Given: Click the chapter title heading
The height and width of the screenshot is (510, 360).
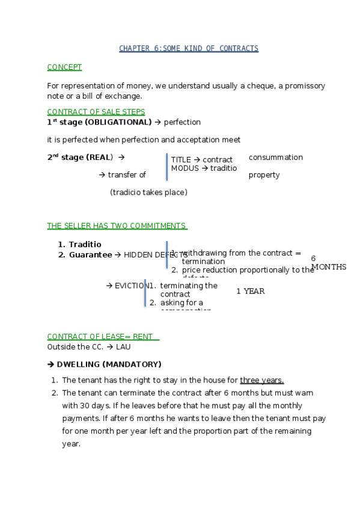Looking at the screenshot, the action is (x=189, y=48).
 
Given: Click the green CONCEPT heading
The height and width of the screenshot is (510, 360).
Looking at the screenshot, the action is (x=64, y=67).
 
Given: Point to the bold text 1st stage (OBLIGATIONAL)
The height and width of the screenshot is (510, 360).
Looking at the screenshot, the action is (x=99, y=122).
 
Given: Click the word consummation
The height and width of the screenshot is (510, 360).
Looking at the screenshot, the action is (x=275, y=158).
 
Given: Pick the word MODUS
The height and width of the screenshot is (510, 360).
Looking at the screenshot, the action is (x=185, y=168).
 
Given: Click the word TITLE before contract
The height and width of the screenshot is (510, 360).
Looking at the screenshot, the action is (x=180, y=159).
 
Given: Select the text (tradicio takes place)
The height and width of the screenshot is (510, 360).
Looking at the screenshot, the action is (x=148, y=192).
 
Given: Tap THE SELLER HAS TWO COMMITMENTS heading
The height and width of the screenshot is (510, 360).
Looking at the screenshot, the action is (x=117, y=226).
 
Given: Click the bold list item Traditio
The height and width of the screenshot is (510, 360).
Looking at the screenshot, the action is (x=85, y=245).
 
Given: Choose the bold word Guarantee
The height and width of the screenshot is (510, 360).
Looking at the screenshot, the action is (x=90, y=255).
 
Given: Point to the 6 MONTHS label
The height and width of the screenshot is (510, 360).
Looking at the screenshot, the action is (x=328, y=263).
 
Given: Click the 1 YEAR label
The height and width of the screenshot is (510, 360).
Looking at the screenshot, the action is (x=250, y=291).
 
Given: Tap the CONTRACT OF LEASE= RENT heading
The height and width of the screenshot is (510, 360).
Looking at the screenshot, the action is (x=100, y=337).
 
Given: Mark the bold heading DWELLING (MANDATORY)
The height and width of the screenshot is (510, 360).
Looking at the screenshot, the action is (x=108, y=364).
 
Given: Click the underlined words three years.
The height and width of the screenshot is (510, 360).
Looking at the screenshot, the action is (x=261, y=380).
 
